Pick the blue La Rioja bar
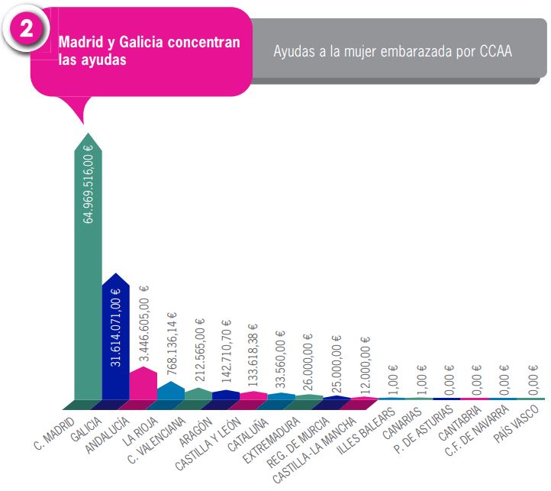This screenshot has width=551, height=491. pos(170,391)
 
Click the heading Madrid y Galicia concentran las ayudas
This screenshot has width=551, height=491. pos(149,50)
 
